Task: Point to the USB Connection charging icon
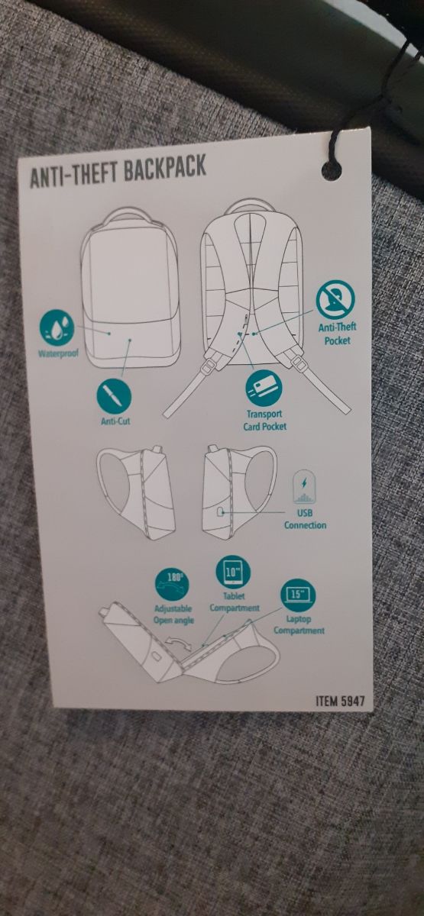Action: pyautogui.click(x=303, y=487)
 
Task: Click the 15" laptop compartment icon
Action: pyautogui.click(x=299, y=596)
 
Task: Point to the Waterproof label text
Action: pyautogui.click(x=59, y=353)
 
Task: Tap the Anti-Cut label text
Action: pyautogui.click(x=115, y=421)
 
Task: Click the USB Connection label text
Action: pyautogui.click(x=306, y=519)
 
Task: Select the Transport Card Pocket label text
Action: pyautogui.click(x=265, y=421)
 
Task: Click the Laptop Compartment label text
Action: pyautogui.click(x=299, y=625)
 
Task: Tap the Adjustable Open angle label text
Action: pyautogui.click(x=173, y=614)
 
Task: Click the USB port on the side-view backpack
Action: pyautogui.click(x=222, y=511)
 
